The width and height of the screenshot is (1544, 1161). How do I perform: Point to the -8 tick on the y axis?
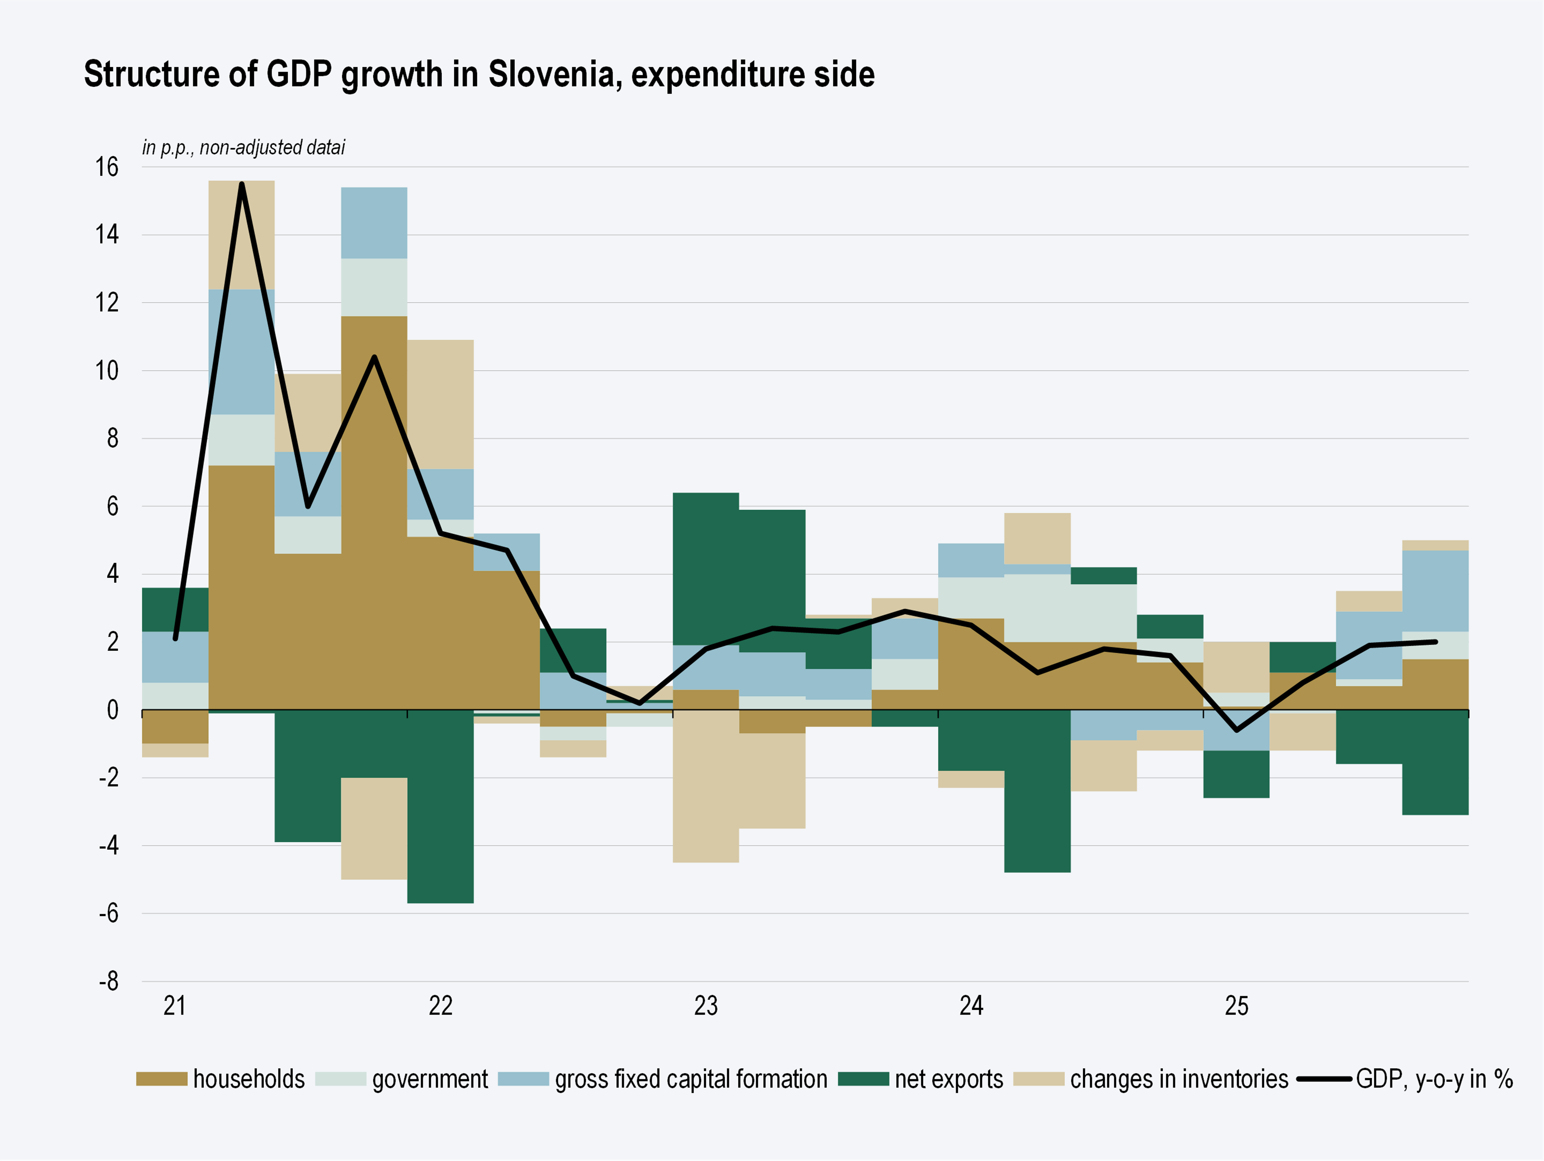[x=108, y=981]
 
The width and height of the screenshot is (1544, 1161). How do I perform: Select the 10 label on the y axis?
[x=107, y=371]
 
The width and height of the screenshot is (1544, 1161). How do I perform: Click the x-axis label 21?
[x=174, y=1006]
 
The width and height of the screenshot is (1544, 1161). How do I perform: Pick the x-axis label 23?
[x=706, y=1006]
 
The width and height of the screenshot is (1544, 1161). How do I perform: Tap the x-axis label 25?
[x=1236, y=1006]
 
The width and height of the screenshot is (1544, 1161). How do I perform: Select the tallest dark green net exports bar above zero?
[x=706, y=569]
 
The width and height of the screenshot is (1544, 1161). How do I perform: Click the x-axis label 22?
[x=440, y=1006]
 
